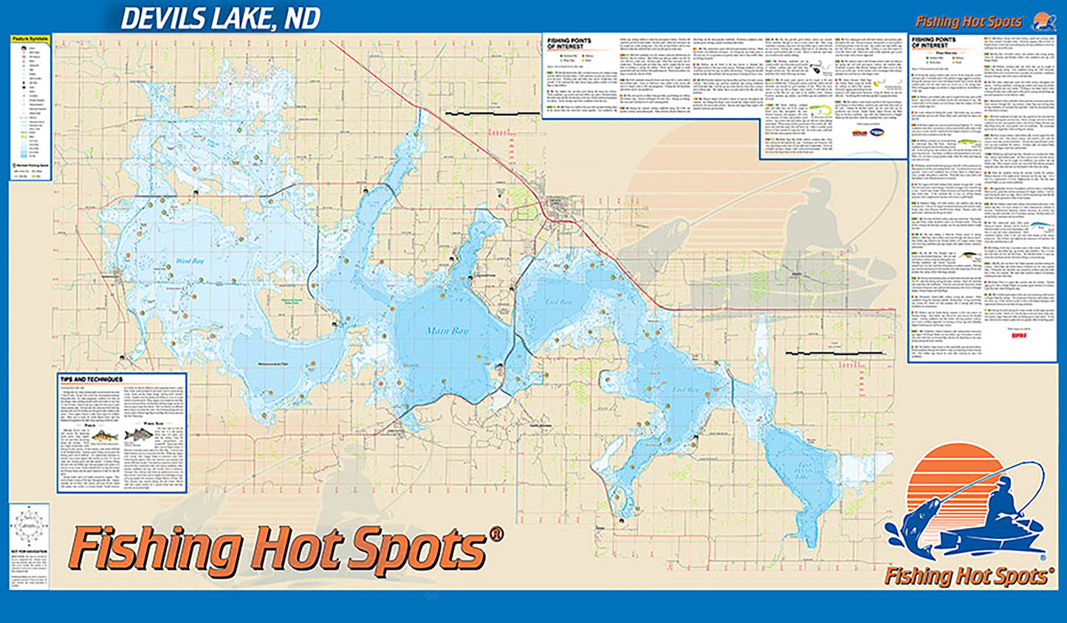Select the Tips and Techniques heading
click(91, 379)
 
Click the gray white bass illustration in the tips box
click(139, 435)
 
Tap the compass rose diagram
click(29, 527)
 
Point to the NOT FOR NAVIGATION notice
click(28, 552)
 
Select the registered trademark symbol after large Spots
click(496, 534)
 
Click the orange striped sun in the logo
click(953, 488)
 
